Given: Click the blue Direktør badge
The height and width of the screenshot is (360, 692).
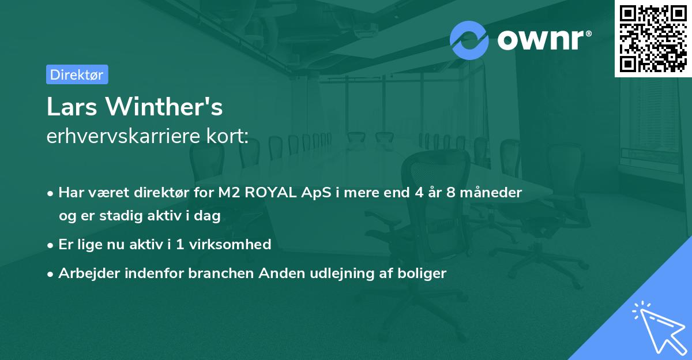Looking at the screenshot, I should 77,74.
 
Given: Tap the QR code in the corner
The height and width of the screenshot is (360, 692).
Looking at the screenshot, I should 653,39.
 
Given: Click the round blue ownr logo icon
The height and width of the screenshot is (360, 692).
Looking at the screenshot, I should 469,40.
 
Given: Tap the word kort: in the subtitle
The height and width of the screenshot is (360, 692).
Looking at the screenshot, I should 230,137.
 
